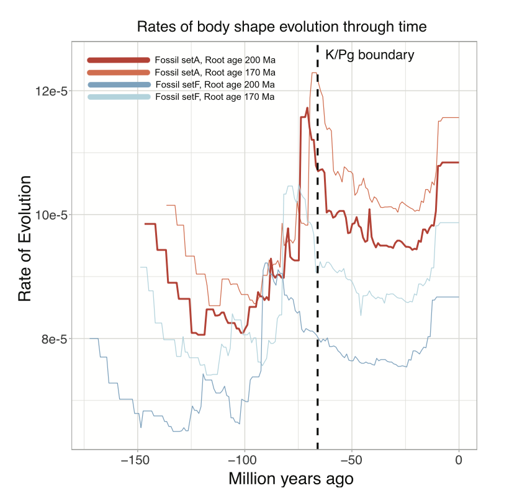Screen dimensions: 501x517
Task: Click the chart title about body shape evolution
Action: coord(282,27)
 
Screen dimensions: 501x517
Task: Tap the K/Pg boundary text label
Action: coord(369,55)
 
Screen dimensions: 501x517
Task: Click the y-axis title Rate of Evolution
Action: coord(24,239)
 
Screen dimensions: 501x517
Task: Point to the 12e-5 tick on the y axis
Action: coord(50,91)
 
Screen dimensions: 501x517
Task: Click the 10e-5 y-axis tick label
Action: coord(50,215)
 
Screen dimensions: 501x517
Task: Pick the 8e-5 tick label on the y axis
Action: coord(53,339)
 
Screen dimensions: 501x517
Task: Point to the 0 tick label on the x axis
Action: coord(459,460)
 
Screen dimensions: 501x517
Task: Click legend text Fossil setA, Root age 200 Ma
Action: coord(215,60)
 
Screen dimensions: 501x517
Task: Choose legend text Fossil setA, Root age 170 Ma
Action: coord(215,73)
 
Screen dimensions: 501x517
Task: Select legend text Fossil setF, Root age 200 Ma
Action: coord(215,85)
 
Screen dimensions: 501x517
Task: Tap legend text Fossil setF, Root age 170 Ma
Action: coord(215,97)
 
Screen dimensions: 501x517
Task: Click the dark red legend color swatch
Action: coord(119,60)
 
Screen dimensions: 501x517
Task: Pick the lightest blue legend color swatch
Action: coord(119,97)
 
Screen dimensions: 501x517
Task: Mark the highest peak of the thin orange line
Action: coord(314,73)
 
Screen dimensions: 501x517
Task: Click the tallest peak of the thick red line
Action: coord(307,108)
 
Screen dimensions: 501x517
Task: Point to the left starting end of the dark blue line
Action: coord(90,338)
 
